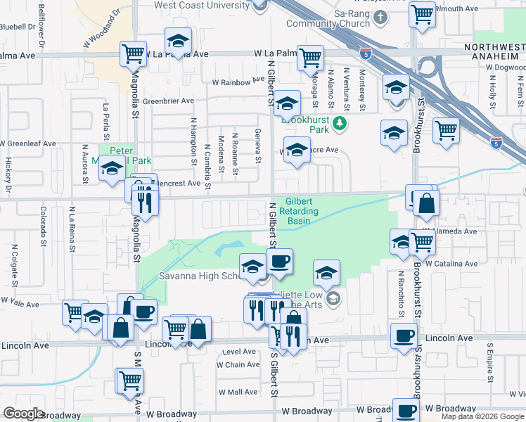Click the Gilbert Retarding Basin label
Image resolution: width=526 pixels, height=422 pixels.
(x=303, y=210)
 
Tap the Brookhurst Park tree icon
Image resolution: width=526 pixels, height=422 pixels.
(x=340, y=124)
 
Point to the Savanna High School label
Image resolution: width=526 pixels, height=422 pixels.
(x=200, y=276)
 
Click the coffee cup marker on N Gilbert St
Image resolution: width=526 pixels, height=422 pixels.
(x=280, y=262)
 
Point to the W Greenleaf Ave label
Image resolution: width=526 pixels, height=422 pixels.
(x=28, y=143)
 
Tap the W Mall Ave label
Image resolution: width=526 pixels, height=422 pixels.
(x=238, y=392)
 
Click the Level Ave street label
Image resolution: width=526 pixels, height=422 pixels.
(x=239, y=352)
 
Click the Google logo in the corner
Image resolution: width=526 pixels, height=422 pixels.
(x=24, y=414)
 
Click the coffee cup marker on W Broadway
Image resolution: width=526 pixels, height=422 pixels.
(x=405, y=411)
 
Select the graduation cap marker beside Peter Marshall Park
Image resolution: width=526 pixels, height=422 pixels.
(x=111, y=170)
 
